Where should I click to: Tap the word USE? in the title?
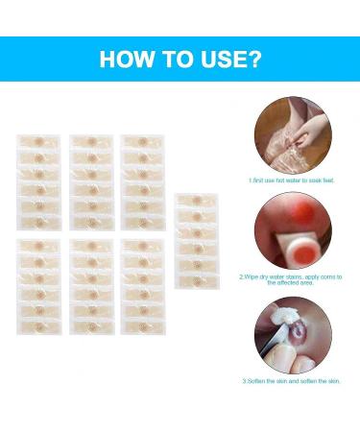click(x=229, y=60)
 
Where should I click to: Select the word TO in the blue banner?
click(x=176, y=60)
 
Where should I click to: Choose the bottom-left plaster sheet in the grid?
click(x=39, y=288)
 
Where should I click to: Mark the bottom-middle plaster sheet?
click(x=91, y=288)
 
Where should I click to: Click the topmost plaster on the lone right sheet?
click(x=195, y=202)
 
